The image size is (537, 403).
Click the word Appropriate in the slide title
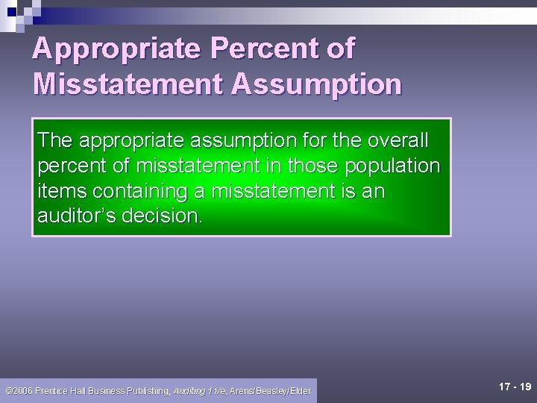[x=116, y=49]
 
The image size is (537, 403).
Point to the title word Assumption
[x=316, y=84]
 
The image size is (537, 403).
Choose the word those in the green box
[x=314, y=165]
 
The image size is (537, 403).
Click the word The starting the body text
[x=55, y=140]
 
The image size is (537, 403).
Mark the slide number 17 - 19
[x=515, y=387]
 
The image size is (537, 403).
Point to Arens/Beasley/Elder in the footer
[x=270, y=390]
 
